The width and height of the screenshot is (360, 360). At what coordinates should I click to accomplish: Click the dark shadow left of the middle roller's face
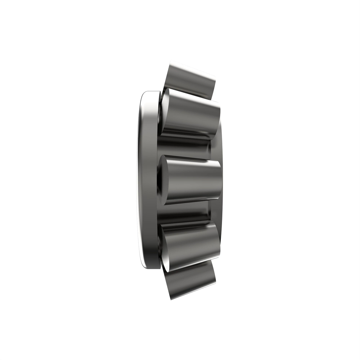[160, 180]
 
